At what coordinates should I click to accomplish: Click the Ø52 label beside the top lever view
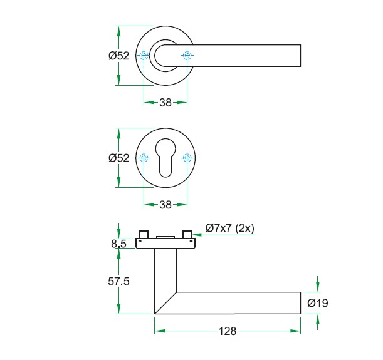click(x=118, y=56)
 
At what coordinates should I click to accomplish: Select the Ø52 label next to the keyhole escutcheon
click(x=118, y=158)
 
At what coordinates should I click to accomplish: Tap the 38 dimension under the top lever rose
click(x=165, y=103)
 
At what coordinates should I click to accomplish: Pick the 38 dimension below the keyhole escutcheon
click(x=165, y=205)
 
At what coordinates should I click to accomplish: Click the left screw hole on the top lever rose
click(x=144, y=56)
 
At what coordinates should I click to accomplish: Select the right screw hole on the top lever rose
click(x=187, y=56)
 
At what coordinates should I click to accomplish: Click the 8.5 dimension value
click(x=119, y=244)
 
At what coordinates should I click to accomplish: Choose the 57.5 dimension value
click(x=118, y=282)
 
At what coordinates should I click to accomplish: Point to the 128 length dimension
click(x=227, y=331)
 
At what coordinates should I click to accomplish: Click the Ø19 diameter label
click(x=318, y=304)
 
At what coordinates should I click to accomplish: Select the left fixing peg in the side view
click(x=144, y=234)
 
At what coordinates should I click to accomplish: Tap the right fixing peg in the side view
click(x=186, y=234)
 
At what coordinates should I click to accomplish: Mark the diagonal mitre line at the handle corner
click(x=165, y=303)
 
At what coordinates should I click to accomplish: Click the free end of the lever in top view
click(x=300, y=56)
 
